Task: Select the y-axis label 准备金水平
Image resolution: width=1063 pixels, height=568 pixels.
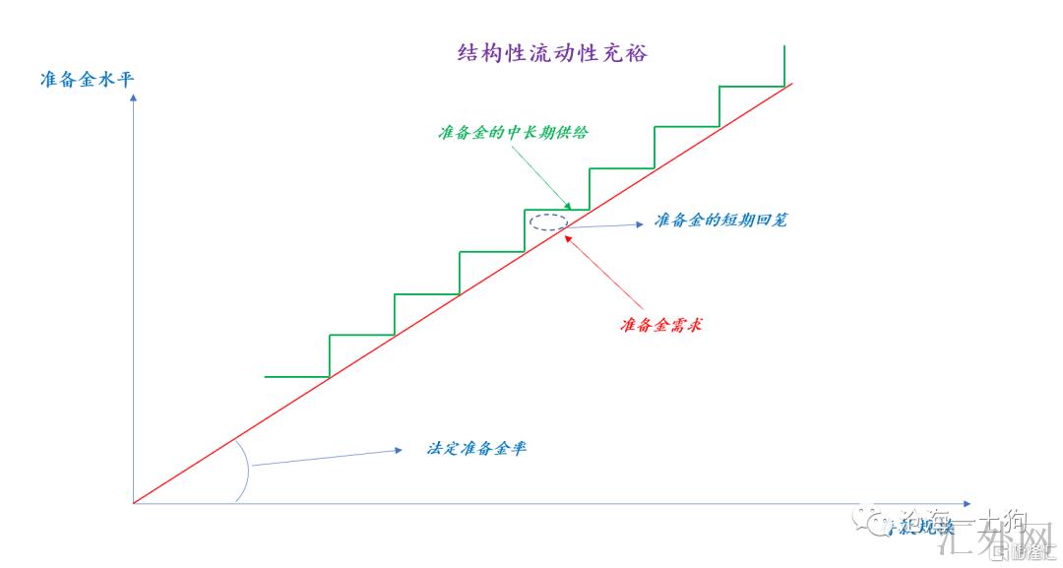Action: click(87, 80)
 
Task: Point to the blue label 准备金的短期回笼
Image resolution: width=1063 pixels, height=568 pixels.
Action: click(720, 221)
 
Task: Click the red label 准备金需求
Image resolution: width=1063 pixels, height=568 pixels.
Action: click(661, 325)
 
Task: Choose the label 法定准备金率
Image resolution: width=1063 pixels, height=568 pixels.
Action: click(476, 448)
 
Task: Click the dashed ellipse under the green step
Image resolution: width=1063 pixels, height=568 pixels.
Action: click(548, 222)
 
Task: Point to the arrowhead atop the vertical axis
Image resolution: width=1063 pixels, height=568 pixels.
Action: click(133, 98)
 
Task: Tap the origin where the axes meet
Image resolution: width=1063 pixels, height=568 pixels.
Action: click(133, 503)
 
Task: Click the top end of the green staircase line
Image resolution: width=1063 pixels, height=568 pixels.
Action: click(784, 45)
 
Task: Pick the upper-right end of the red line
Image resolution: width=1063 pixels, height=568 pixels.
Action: click(790, 85)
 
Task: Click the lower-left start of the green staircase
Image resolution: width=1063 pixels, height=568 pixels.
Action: click(266, 376)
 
